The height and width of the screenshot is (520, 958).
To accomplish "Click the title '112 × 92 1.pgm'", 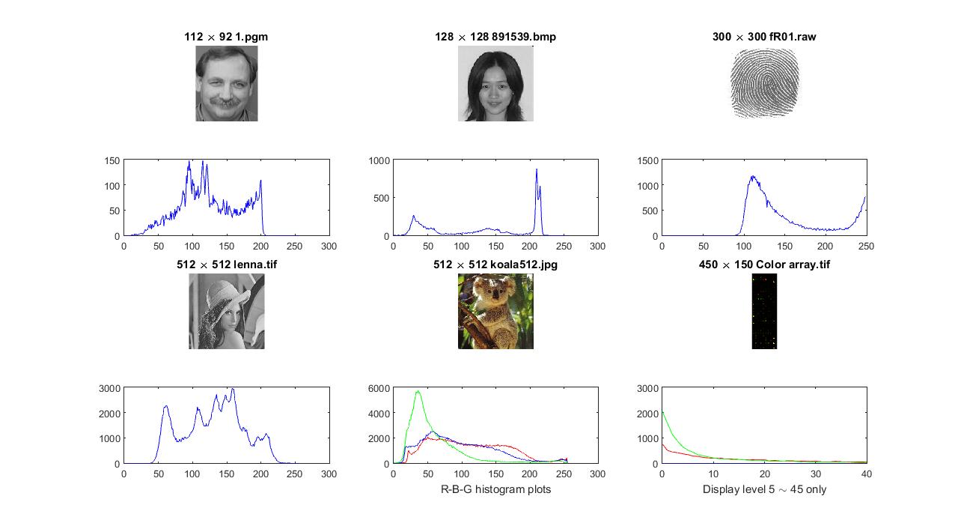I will pos(226,36).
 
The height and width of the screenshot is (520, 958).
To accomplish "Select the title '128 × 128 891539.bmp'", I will pos(495,36).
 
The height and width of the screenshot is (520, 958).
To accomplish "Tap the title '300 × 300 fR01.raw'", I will pos(764,36).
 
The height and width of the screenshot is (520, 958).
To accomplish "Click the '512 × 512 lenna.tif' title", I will pos(226,264).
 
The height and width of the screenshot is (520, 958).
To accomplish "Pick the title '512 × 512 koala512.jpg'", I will pos(495,264).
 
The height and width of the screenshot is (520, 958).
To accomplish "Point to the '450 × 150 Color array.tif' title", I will pos(764,264).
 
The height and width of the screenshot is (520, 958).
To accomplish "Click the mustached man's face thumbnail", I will pos(227,83).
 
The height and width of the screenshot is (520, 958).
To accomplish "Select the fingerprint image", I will pos(764,83).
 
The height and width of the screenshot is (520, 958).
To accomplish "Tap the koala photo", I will pos(495,311).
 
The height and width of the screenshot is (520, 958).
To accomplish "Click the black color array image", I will pos(764,311).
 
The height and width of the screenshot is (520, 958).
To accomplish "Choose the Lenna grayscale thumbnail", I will pos(226,311).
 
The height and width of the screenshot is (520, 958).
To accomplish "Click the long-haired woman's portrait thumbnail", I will pos(495,83).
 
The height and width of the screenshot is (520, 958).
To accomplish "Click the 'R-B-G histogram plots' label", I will pos(495,489).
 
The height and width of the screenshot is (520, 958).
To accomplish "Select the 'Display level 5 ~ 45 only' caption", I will pos(764,489).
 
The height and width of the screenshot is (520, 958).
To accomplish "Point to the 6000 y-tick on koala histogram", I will pos(378,388).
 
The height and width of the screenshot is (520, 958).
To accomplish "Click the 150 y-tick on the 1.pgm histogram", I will pos(111,160).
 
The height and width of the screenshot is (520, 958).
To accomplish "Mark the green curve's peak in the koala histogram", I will pos(418,391).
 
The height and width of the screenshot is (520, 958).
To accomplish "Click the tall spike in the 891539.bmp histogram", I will pos(537,170).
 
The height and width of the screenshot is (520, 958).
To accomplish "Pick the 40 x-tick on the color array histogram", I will pos(867,474).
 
